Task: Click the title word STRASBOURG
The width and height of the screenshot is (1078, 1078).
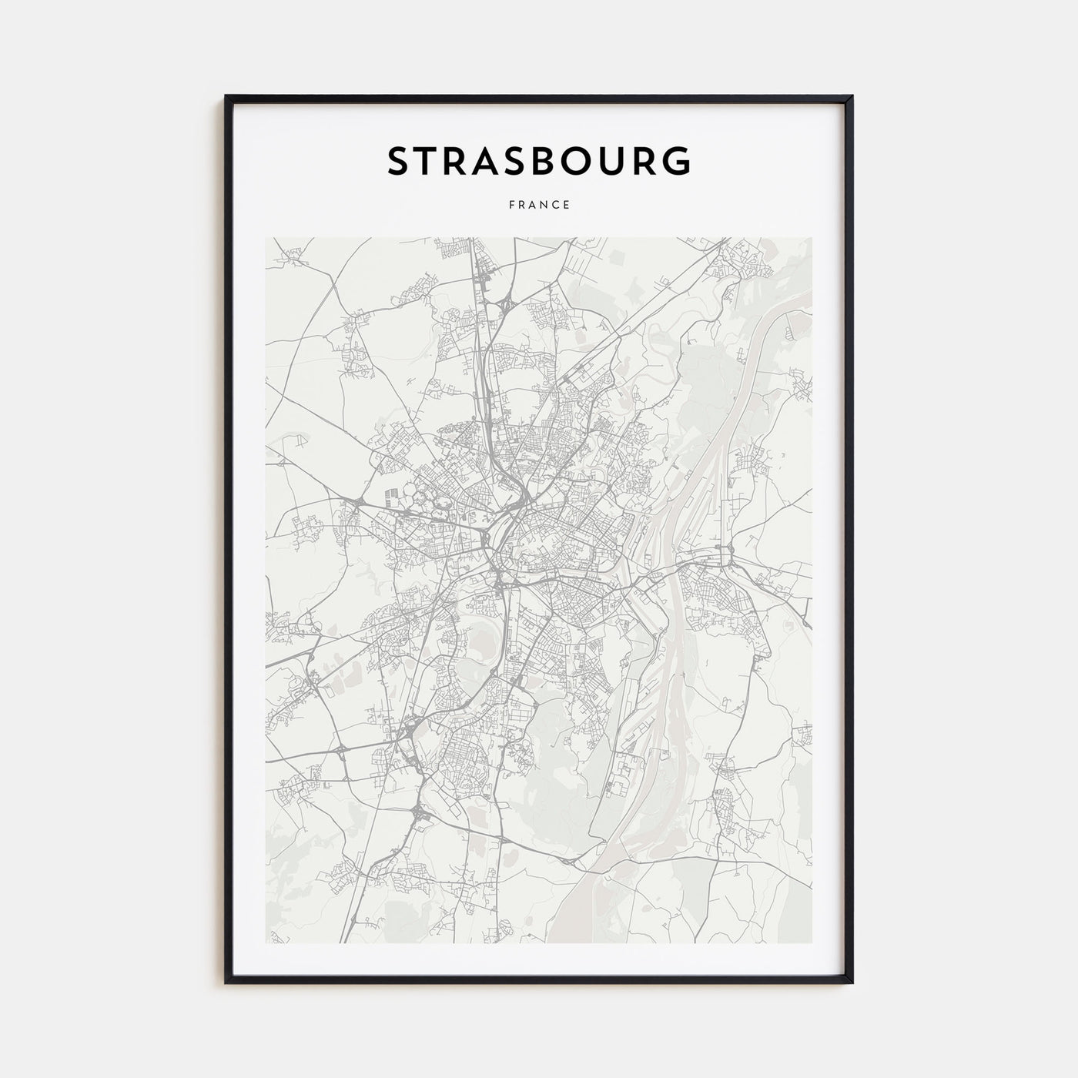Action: click(x=539, y=161)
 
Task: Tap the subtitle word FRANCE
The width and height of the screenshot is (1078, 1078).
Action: click(x=539, y=205)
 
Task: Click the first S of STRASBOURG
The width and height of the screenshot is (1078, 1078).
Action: click(x=400, y=161)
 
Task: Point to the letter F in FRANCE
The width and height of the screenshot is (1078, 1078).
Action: click(x=511, y=205)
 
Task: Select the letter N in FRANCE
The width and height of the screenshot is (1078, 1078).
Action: click(x=543, y=205)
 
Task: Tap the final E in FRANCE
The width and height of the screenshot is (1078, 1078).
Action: click(x=567, y=205)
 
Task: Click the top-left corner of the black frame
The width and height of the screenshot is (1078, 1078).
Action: click(x=226, y=97)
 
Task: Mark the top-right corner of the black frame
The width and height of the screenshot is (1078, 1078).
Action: click(x=852, y=97)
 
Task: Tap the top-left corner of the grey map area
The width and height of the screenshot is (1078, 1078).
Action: click(x=266, y=238)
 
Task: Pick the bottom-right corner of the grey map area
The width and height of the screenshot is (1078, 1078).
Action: click(x=812, y=942)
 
